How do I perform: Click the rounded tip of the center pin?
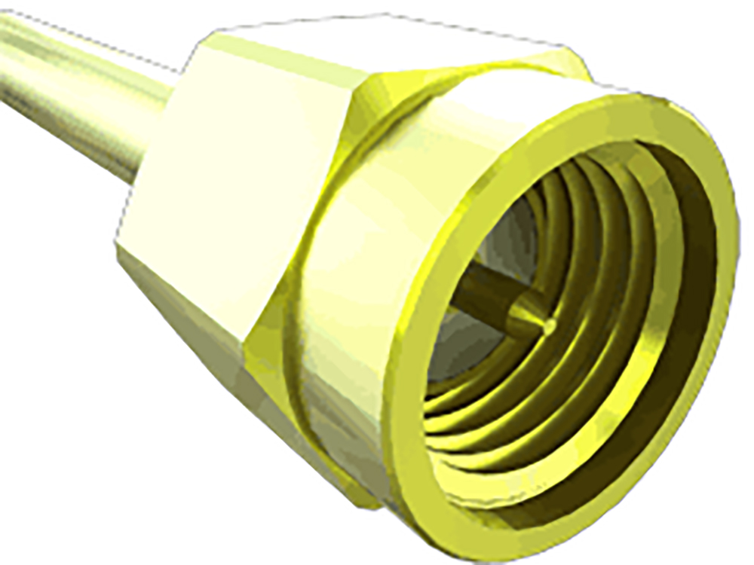[549, 325]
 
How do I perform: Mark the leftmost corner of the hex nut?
[117, 245]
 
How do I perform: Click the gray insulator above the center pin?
[513, 241]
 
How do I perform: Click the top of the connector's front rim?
[603, 105]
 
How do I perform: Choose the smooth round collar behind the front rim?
[347, 301]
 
